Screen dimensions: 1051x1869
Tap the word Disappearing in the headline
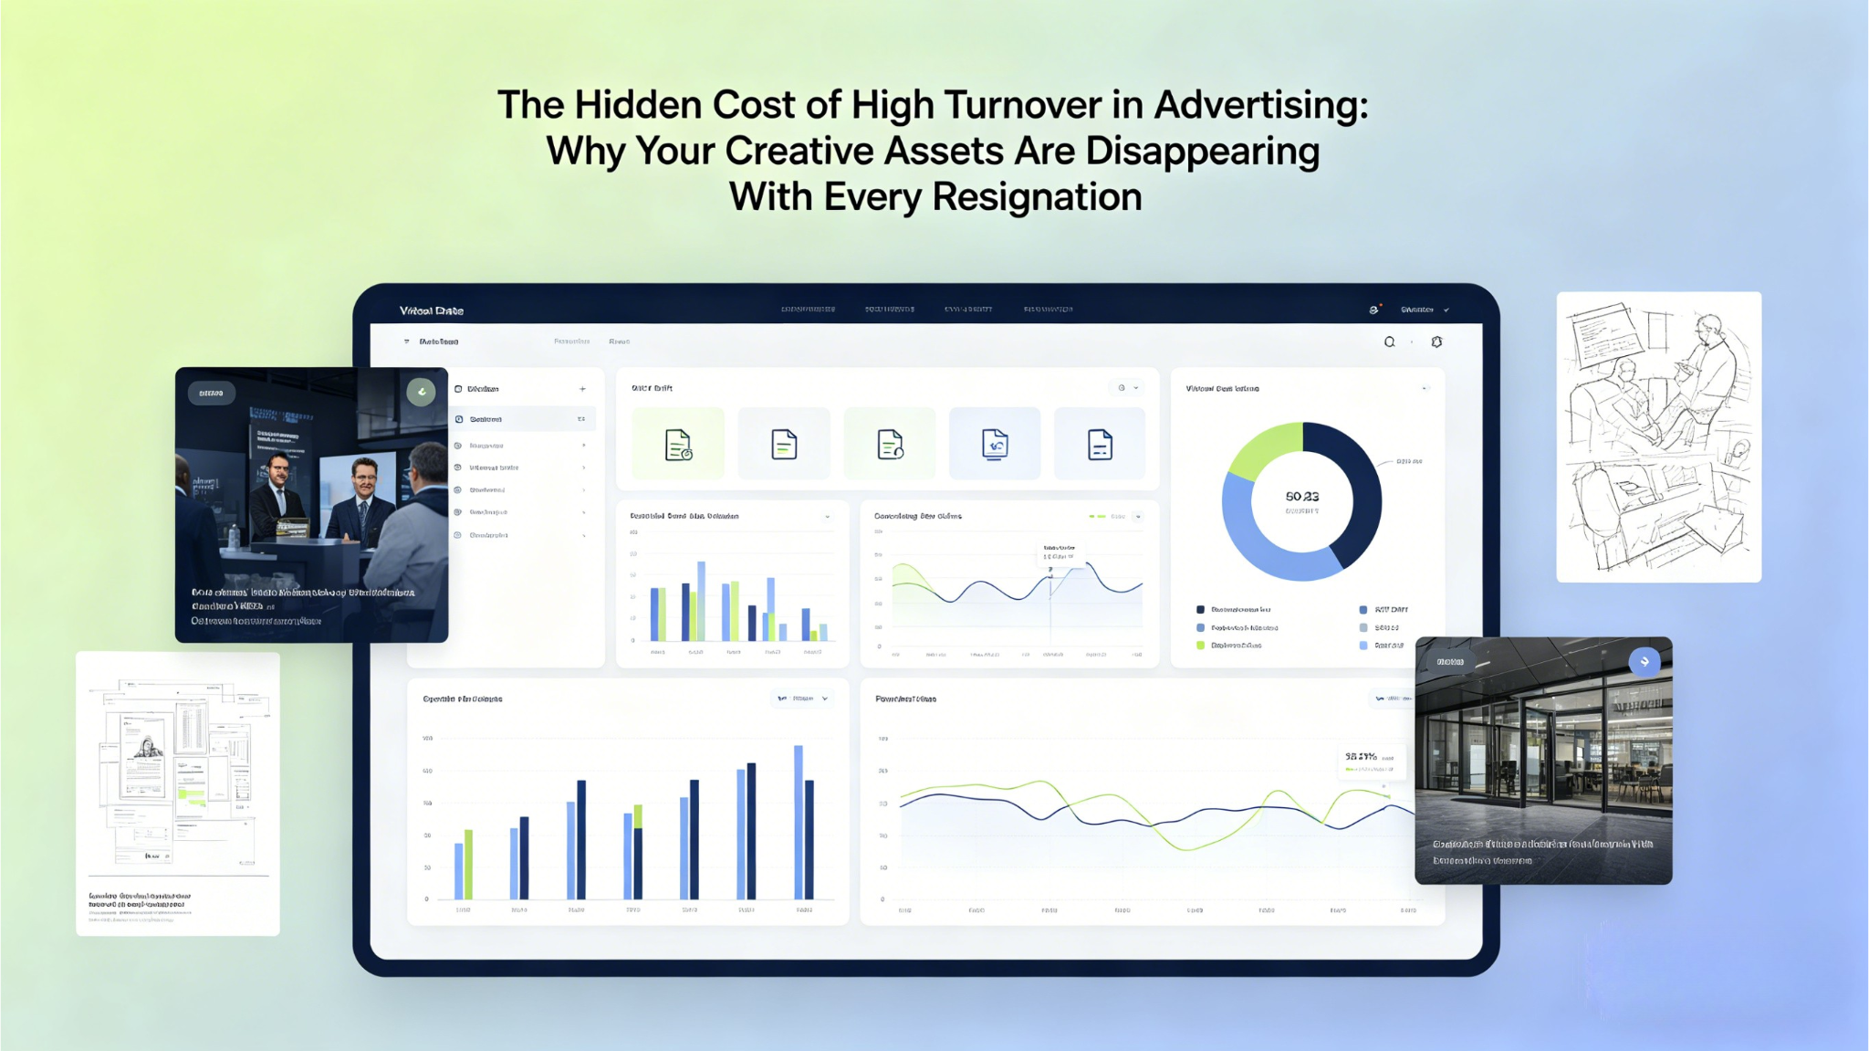click(x=1202, y=152)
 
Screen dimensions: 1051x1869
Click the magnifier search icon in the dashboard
click(x=1389, y=342)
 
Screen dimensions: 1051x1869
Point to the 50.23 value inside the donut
click(x=1301, y=497)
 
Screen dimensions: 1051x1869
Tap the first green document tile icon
click(x=678, y=445)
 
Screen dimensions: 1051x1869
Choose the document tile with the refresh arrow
click(x=995, y=445)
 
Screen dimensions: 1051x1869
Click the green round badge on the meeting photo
click(x=421, y=392)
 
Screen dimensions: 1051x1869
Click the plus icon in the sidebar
click(x=582, y=389)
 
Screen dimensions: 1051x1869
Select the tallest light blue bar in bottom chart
click(x=799, y=822)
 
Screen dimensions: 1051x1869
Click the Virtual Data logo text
click(x=432, y=311)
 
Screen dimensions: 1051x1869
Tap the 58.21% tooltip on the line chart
click(x=1369, y=758)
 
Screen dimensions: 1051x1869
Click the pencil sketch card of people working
click(x=1658, y=436)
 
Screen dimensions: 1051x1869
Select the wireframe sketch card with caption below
click(x=178, y=793)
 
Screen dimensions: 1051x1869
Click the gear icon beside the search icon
click(x=1436, y=342)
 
